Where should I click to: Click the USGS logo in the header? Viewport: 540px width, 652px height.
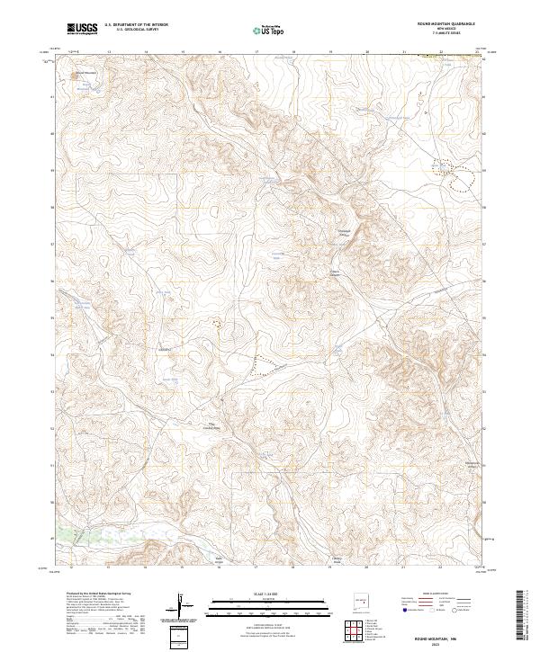click(83, 29)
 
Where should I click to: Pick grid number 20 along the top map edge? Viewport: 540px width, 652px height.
click(366, 52)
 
